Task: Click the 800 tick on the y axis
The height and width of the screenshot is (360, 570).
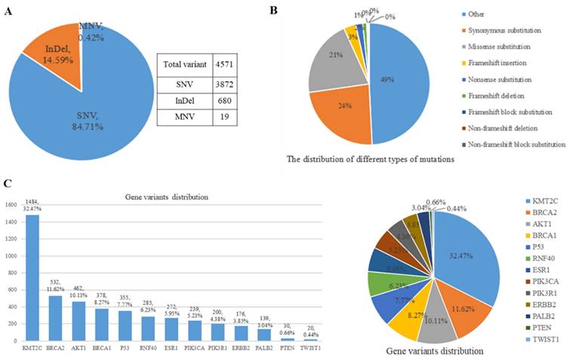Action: tap(16, 263)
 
